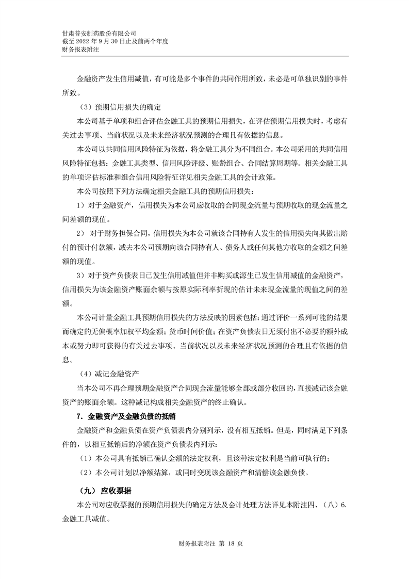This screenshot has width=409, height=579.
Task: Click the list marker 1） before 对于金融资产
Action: click(81, 205)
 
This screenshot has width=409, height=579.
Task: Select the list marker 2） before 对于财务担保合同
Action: click(81, 233)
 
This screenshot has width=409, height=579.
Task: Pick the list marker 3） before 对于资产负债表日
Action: click(81, 275)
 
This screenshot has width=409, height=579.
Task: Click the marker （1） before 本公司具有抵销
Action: click(85, 458)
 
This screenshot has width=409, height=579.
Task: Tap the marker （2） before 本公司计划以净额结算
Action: click(85, 473)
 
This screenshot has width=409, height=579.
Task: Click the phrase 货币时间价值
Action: click(197, 331)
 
